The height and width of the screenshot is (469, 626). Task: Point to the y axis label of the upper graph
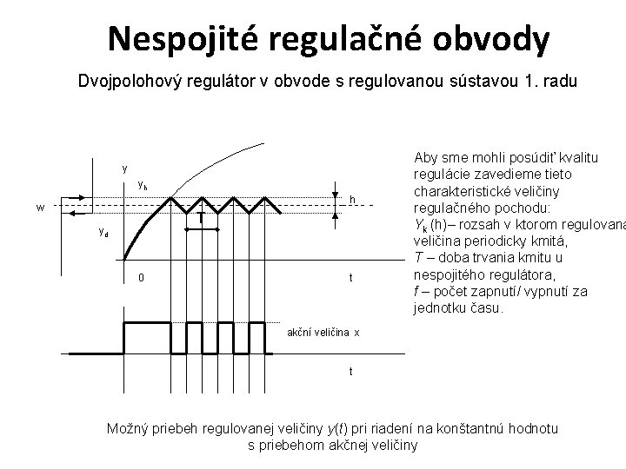click(125, 168)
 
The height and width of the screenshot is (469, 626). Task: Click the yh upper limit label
click(143, 186)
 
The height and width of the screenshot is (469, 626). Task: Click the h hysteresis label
click(352, 200)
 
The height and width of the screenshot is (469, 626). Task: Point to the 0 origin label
click(141, 278)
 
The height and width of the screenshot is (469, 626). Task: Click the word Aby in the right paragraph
click(426, 157)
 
